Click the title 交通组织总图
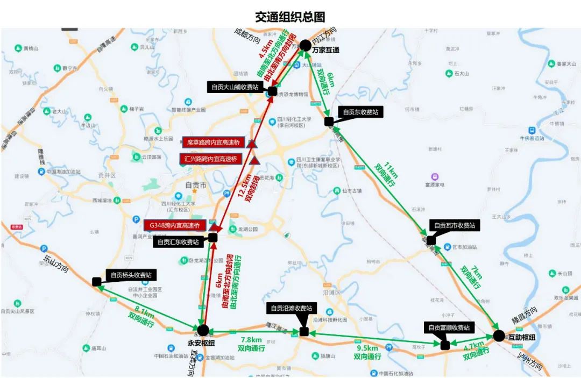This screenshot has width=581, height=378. click(x=290, y=17)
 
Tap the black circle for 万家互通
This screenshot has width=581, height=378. click(x=305, y=45)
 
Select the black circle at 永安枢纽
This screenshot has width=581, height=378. click(x=203, y=330)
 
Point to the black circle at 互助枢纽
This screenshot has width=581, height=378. click(x=499, y=336)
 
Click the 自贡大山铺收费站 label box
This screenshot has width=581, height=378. click(x=235, y=87)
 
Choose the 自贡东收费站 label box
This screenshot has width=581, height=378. click(x=360, y=112)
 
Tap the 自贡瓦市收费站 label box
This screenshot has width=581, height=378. click(x=454, y=225)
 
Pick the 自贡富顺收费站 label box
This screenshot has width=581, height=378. click(x=449, y=327)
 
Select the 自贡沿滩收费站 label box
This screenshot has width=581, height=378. click(x=291, y=308)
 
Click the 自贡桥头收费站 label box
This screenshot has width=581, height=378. click(x=131, y=275)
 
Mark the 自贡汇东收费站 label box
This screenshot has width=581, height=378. click(x=178, y=242)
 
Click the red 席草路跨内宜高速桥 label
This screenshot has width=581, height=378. click(x=214, y=142)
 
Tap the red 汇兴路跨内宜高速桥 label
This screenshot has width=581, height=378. click(x=211, y=159)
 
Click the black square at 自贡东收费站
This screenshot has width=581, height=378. click(x=329, y=122)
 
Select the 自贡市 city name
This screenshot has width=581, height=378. click(x=195, y=186)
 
